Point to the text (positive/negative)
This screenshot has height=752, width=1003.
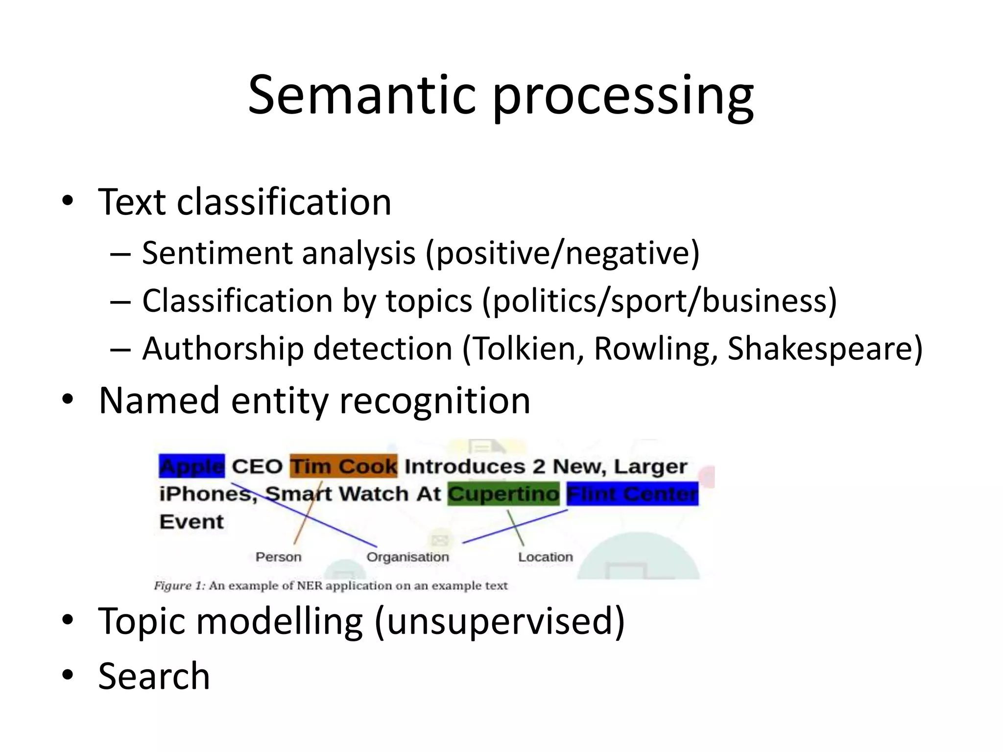coord(562,254)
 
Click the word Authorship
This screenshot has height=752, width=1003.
coord(223,349)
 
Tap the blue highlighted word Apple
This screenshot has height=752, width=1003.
coord(191,466)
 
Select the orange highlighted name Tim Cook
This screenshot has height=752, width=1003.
coord(343,466)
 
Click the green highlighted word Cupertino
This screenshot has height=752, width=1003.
coord(503,493)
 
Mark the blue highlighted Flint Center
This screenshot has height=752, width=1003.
coord(632,493)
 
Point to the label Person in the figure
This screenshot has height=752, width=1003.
coord(278,557)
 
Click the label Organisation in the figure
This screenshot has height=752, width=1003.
coord(407,557)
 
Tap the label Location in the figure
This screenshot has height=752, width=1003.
coord(545,557)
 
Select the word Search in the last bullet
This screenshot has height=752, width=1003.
coord(154,676)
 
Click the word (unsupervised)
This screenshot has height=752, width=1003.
coord(500,621)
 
